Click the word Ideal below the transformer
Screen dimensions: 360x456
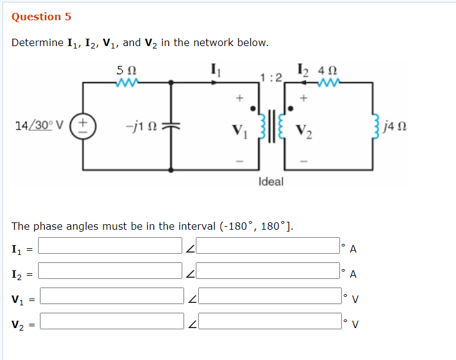tap(271, 181)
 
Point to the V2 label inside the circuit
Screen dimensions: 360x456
tap(304, 131)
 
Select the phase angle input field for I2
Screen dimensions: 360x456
tap(269, 270)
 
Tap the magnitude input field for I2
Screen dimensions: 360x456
tap(111, 270)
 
